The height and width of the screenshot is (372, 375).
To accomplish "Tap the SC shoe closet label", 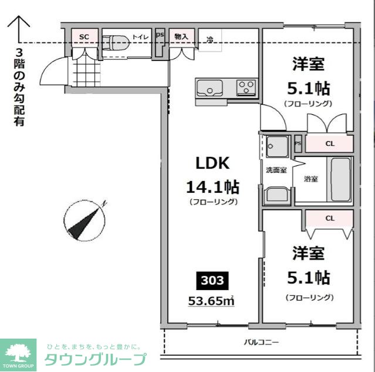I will coord(84,37).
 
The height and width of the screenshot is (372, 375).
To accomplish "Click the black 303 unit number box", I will coord(212,281).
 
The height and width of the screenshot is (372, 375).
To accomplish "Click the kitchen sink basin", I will coord(209,88).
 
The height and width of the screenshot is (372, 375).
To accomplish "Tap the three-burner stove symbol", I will coord(246,88).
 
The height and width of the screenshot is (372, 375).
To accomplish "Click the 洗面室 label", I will coord(276,170).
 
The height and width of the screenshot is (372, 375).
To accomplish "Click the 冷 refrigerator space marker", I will coord(210,40).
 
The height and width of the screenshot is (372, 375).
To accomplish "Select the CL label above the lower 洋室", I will coord(330,219).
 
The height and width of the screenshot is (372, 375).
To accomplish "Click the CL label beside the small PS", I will coord(330,143).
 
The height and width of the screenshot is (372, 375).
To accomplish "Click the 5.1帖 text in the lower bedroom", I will coord(308,277).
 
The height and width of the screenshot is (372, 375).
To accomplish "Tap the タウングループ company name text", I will coord(95,359).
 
